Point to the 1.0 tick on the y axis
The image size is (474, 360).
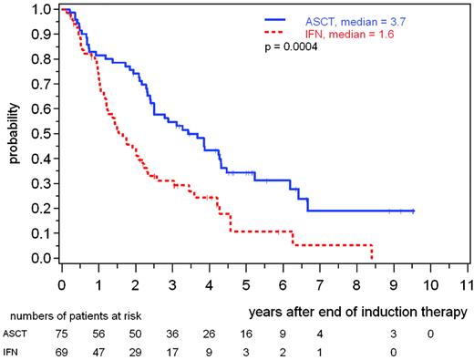(x=44, y=10)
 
